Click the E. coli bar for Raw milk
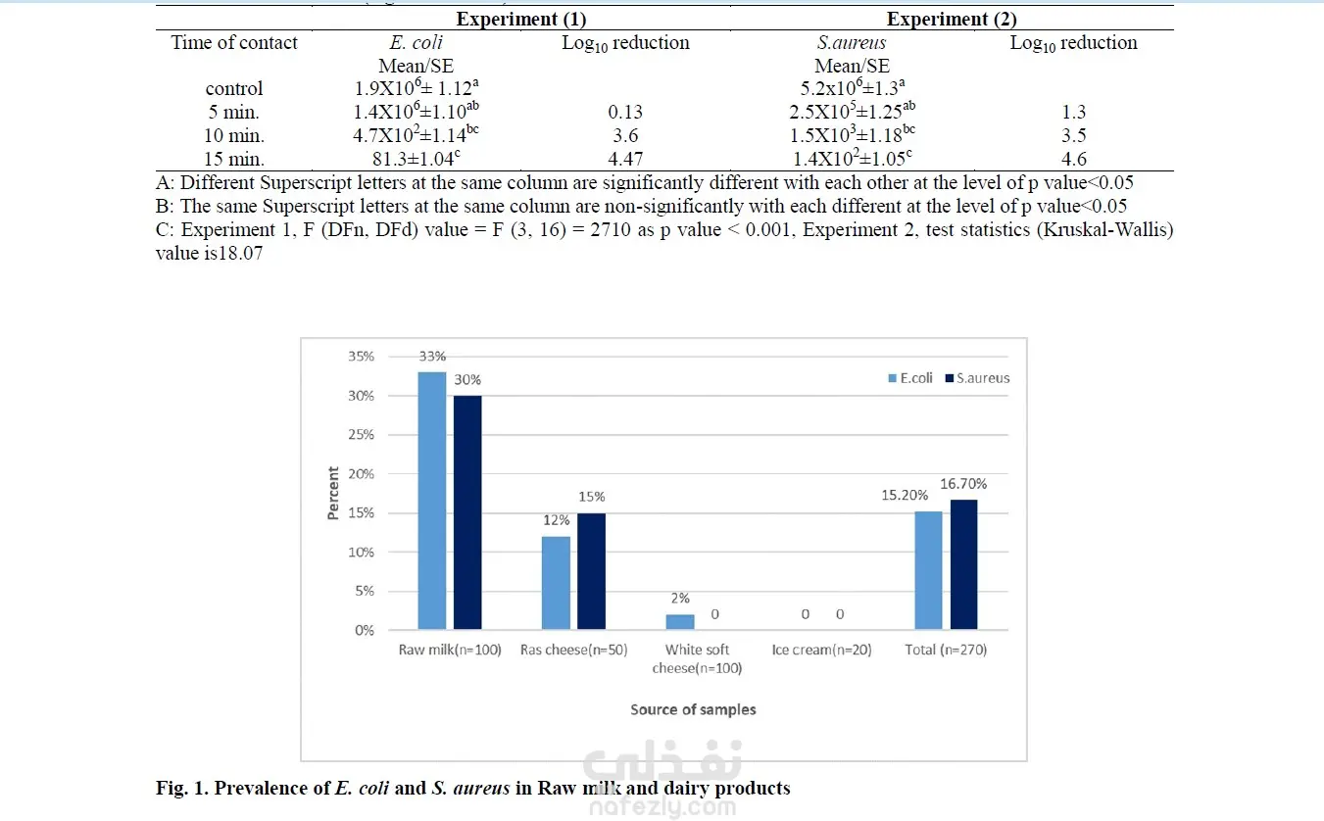[x=432, y=501]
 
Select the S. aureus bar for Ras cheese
[x=591, y=571]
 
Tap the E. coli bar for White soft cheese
[x=680, y=622]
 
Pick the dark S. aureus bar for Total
[x=963, y=564]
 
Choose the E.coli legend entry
[x=911, y=378]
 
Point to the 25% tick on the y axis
[x=361, y=435]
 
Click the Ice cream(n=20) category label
[x=821, y=650]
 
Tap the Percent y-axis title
[x=333, y=493]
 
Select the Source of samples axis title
[x=693, y=709]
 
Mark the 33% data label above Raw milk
[x=432, y=357]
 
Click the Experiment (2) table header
[x=952, y=19]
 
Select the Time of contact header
[x=234, y=42]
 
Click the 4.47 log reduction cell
[x=625, y=159]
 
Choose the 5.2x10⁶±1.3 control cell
[x=853, y=88]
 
